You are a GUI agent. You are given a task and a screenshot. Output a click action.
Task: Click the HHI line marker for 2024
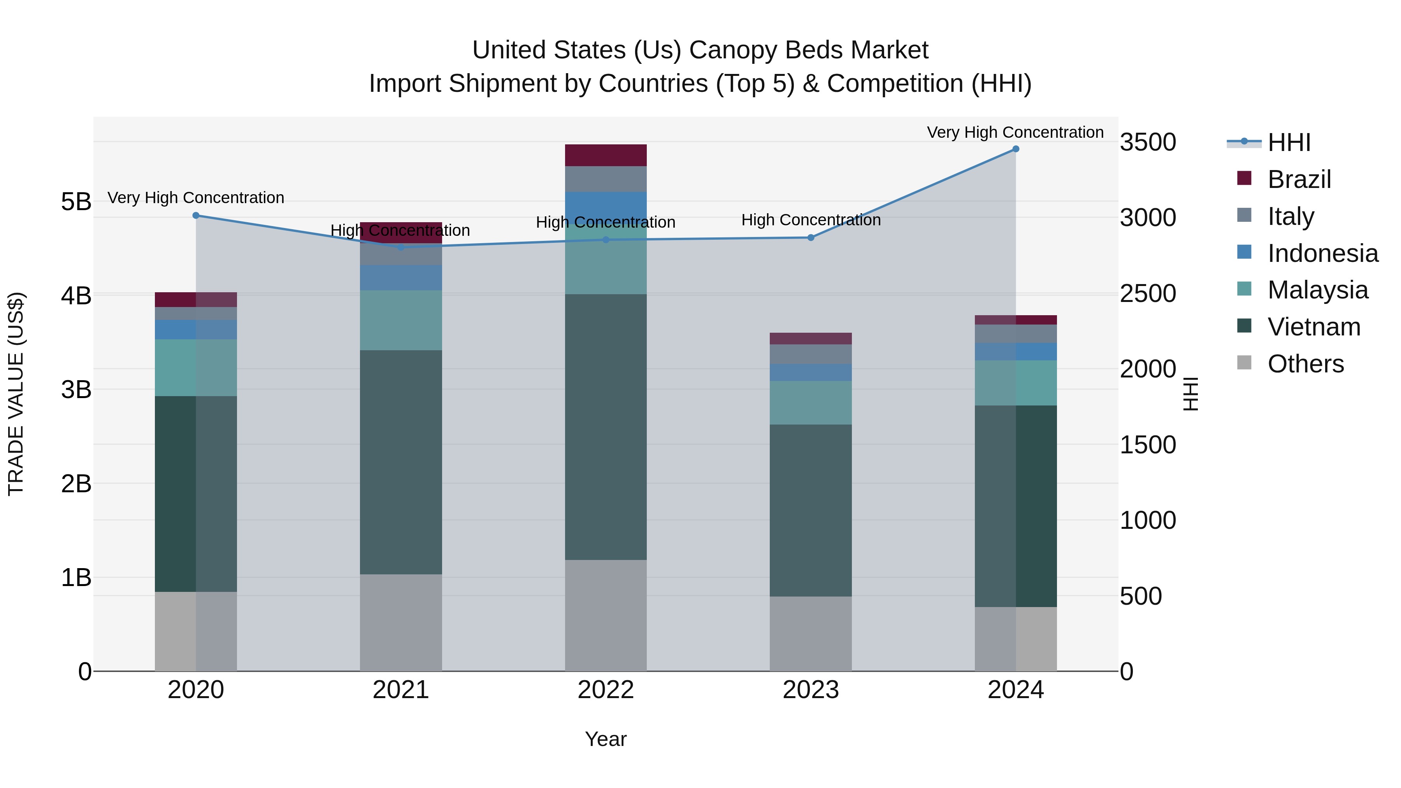point(1015,149)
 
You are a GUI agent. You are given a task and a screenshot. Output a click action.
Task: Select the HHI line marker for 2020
point(196,215)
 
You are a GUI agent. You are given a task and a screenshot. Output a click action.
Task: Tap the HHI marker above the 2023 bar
point(810,238)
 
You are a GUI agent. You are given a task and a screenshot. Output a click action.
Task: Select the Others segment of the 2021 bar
point(401,622)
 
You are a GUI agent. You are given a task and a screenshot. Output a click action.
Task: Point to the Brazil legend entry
point(1299,179)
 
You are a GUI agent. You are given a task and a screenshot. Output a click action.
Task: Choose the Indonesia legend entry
point(1322,253)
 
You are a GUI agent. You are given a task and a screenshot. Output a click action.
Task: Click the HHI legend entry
point(1289,142)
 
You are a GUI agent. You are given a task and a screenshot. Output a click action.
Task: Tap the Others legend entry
point(1305,363)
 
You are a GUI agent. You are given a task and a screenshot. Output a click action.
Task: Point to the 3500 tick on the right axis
point(1148,142)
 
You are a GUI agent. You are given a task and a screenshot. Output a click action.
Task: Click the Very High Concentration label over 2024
point(1015,132)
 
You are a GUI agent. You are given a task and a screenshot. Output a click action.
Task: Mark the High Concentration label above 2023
point(810,220)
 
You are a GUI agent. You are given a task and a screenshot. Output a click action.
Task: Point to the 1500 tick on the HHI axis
point(1148,445)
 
